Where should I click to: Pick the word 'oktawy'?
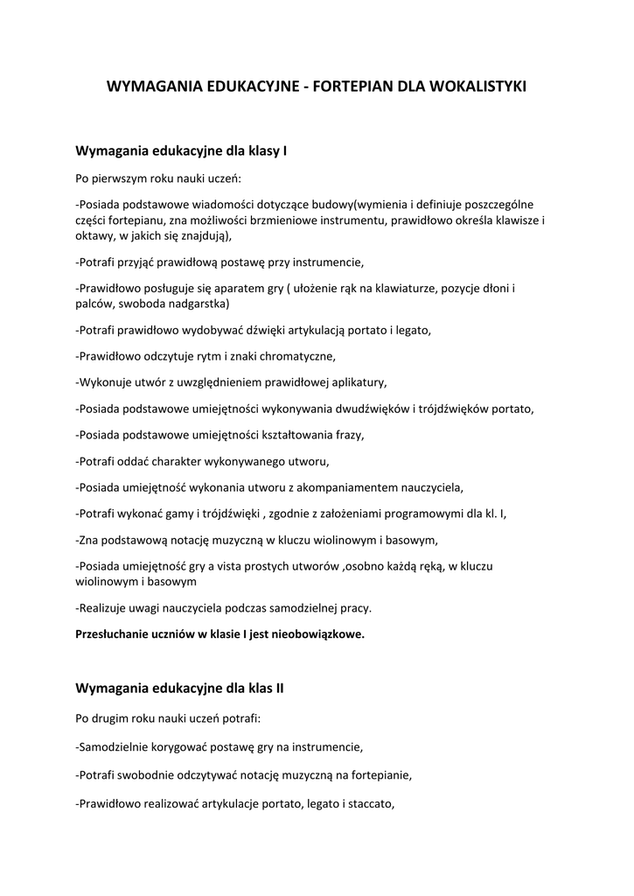pos(94,235)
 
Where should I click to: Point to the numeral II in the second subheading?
pos(279,688)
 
